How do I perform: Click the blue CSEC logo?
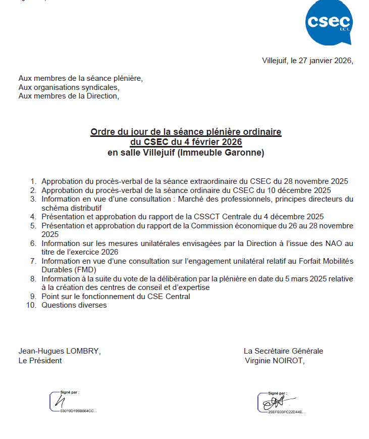click(329, 23)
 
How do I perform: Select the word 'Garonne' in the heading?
click(246, 153)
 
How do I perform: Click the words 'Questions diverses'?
click(74, 305)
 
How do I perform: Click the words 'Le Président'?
click(40, 361)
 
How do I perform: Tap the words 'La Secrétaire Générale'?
click(283, 351)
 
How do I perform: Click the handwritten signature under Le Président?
click(60, 401)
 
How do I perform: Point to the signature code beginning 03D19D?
click(78, 411)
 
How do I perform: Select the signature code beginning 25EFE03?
click(286, 412)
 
